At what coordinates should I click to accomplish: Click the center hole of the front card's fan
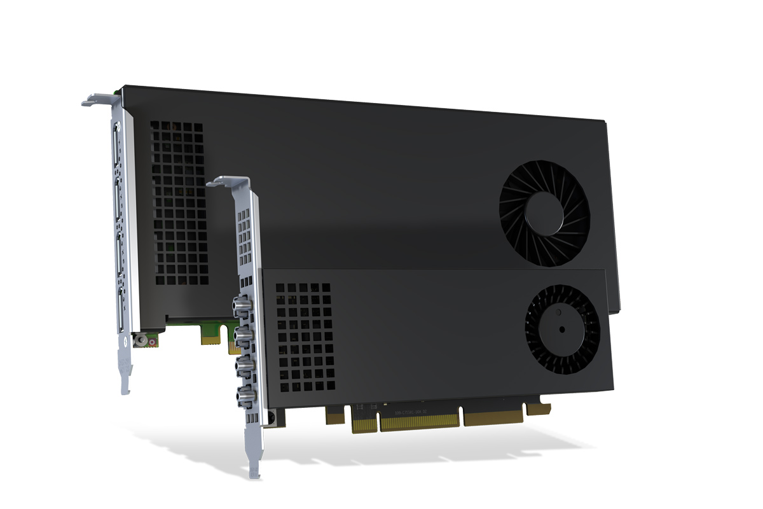[562, 329]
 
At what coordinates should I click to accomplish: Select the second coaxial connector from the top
[244, 336]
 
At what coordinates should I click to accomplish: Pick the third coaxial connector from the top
[244, 366]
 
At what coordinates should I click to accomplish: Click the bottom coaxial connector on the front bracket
[244, 396]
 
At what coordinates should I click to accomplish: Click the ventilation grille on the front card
[303, 337]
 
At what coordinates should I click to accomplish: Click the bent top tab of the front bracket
[223, 181]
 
